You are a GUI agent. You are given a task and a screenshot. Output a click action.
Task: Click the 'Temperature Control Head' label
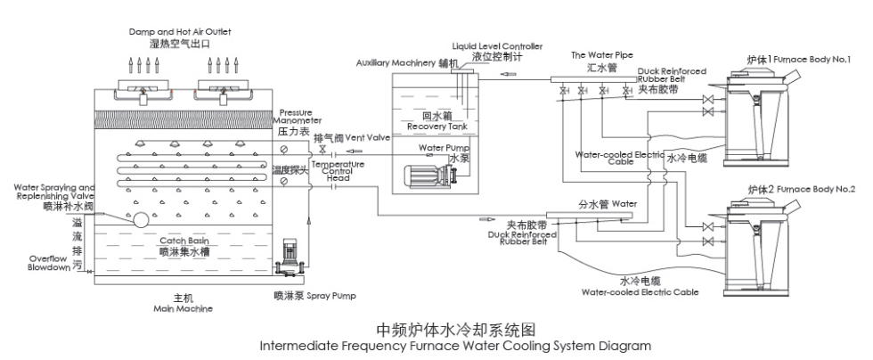[x=336, y=170]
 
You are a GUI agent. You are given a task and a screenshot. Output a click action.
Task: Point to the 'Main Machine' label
[x=183, y=308]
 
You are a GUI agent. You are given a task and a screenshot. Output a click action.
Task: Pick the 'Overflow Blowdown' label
[x=47, y=263]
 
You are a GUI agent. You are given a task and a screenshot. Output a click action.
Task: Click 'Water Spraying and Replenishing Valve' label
[x=54, y=192]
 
